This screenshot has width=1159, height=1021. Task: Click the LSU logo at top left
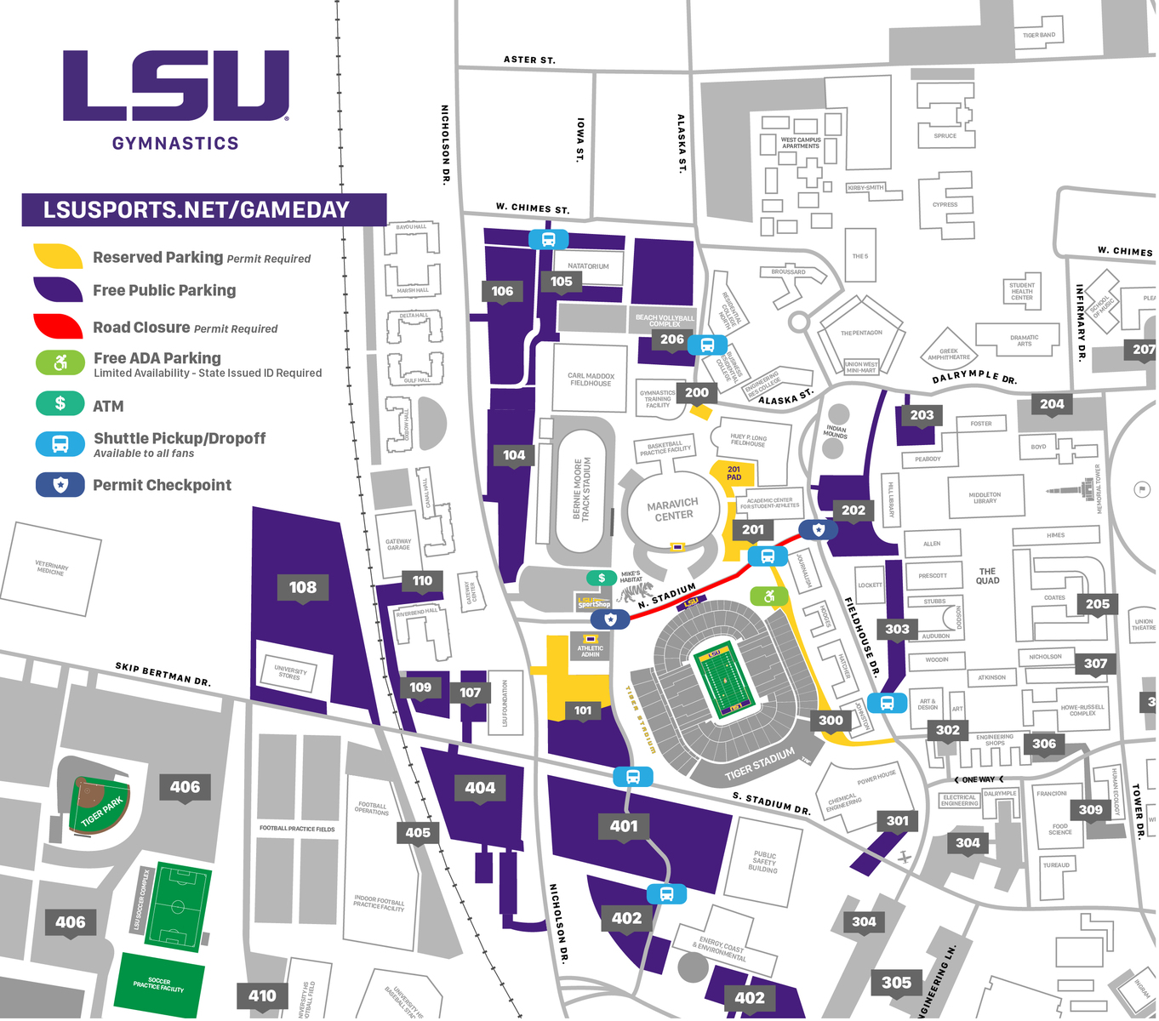click(x=176, y=85)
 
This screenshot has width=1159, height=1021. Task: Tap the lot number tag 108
click(x=302, y=587)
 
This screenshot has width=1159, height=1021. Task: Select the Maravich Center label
click(x=672, y=510)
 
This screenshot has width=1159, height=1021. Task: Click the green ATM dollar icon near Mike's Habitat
click(x=602, y=579)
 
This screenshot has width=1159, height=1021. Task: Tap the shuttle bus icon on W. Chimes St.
click(x=549, y=239)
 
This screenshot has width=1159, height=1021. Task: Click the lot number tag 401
click(x=624, y=825)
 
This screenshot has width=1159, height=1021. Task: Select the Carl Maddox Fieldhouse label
click(x=591, y=379)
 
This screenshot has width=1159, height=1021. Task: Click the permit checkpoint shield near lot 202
click(x=819, y=530)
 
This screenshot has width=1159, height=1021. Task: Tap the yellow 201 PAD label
click(x=734, y=473)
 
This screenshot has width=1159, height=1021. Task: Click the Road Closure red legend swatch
click(x=58, y=327)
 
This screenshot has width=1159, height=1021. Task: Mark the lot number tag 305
click(x=896, y=983)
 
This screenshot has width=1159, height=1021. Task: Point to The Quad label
click(x=987, y=576)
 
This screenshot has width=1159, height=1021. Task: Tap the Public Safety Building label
click(x=763, y=862)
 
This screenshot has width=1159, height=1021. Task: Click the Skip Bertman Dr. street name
click(x=163, y=674)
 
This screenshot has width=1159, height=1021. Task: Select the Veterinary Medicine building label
click(x=51, y=568)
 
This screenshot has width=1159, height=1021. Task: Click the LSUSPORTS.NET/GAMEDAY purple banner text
click(x=197, y=210)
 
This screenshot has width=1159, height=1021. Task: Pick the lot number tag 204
click(x=1052, y=404)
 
